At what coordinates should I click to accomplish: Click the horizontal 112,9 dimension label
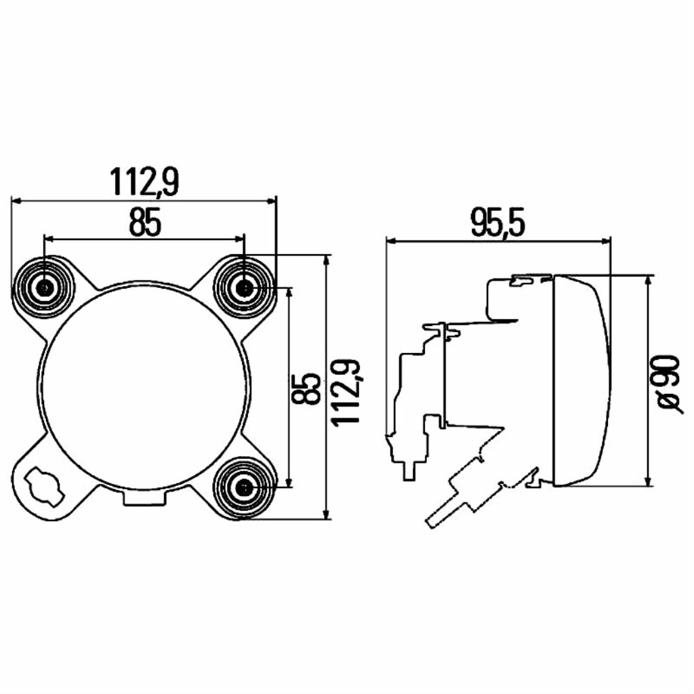[144, 182]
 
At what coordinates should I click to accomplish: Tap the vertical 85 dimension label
[306, 388]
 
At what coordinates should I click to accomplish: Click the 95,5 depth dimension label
[497, 223]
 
